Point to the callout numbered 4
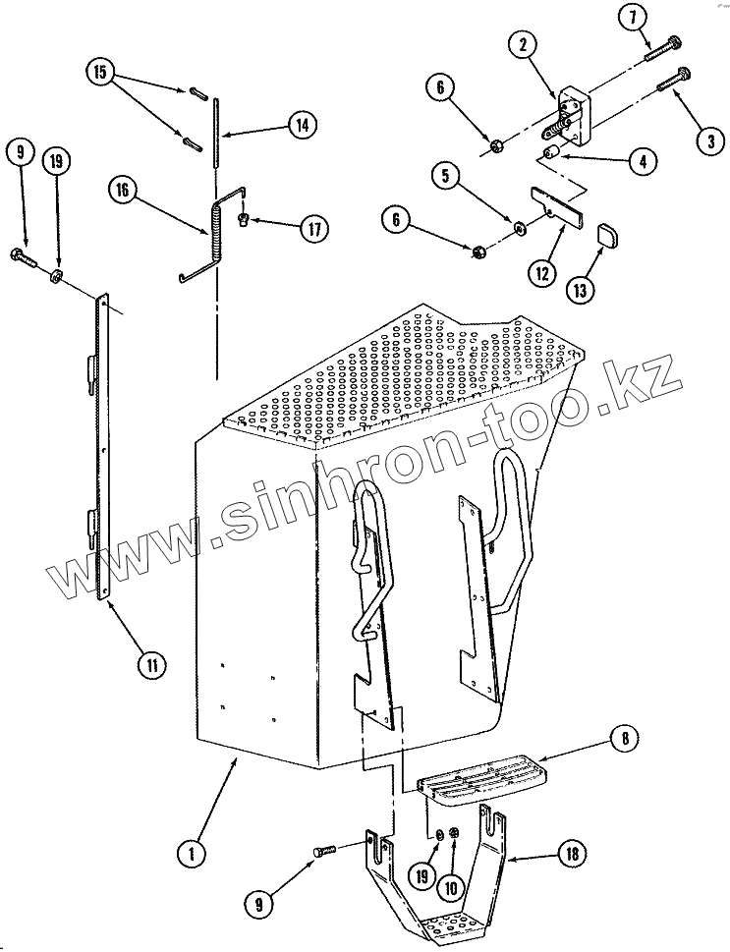pos(643,161)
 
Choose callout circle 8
pos(624,737)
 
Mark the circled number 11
pos(151,665)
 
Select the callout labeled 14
pos(303,125)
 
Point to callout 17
pos(313,230)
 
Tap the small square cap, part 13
pos(607,235)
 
